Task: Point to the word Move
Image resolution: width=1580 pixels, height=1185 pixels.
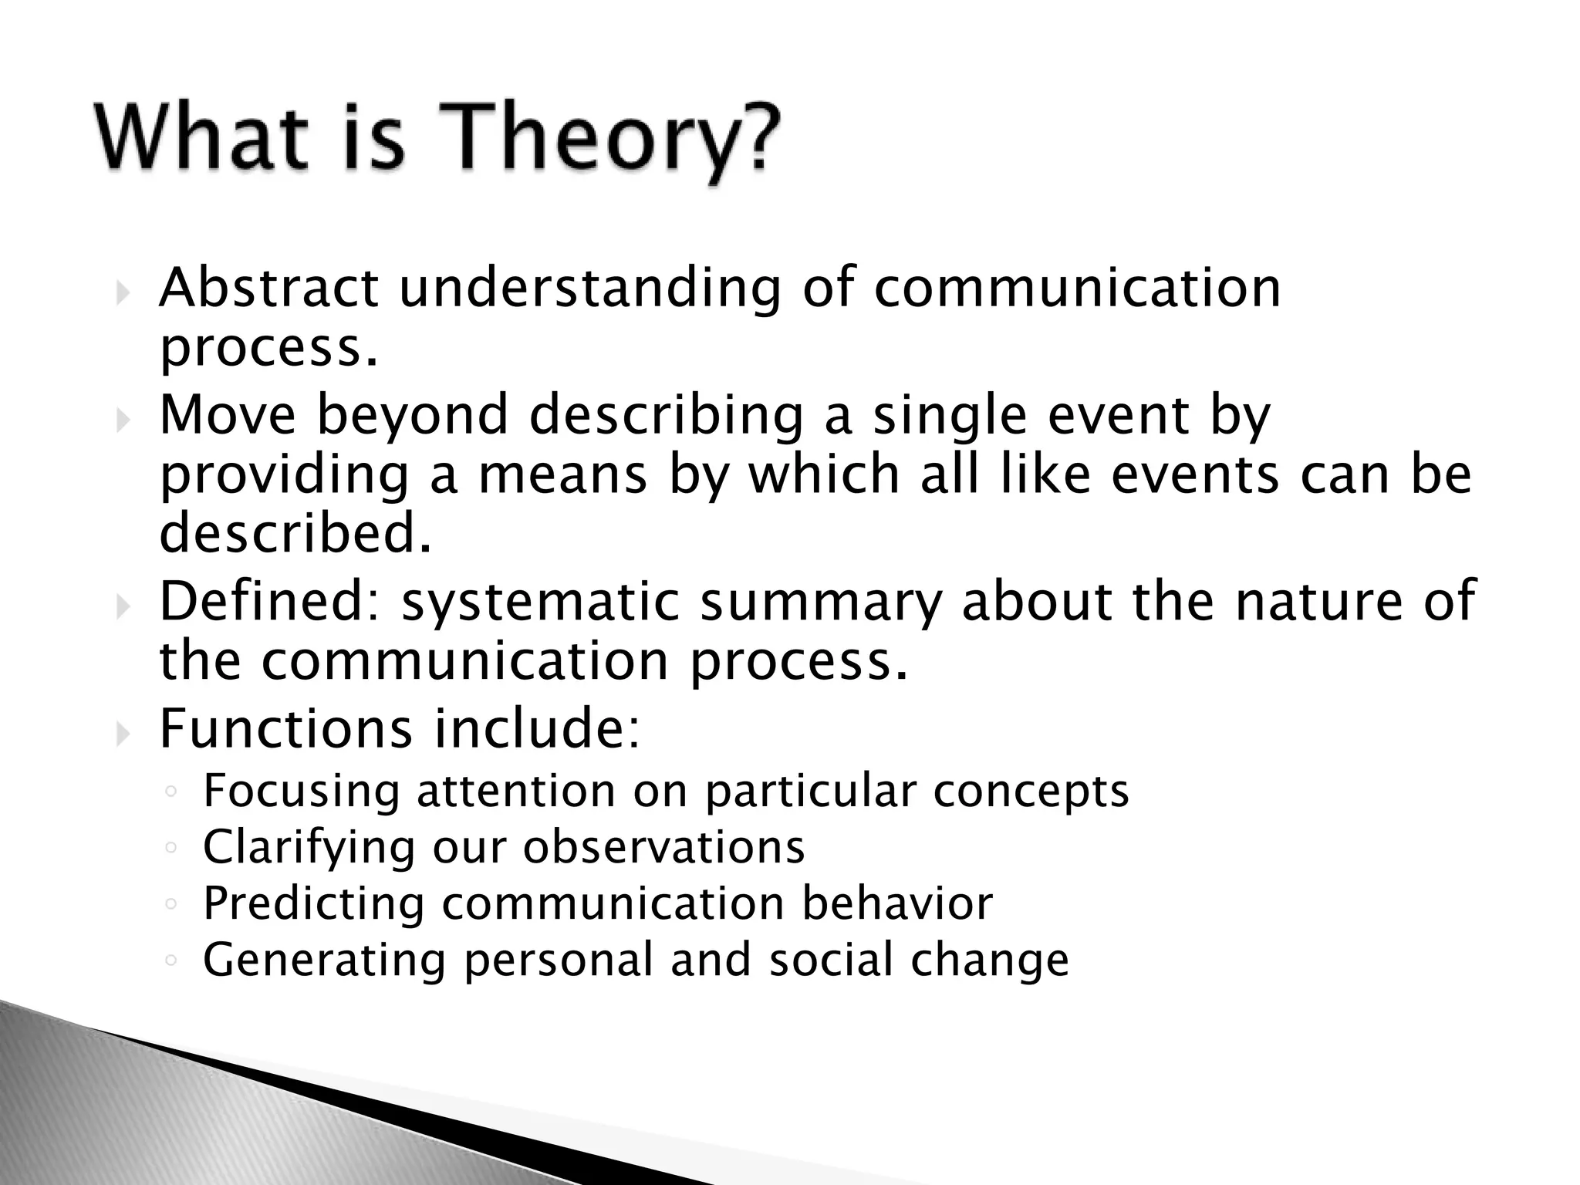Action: click(x=228, y=414)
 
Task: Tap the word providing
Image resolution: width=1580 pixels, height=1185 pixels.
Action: click(x=284, y=476)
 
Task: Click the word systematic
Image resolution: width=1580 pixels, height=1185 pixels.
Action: click(x=540, y=603)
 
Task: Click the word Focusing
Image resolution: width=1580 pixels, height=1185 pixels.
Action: click(x=302, y=792)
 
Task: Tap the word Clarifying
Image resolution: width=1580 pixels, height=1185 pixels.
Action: click(x=309, y=848)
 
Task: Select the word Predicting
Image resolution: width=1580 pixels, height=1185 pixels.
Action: click(x=314, y=904)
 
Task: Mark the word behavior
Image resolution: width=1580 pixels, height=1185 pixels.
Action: click(x=896, y=903)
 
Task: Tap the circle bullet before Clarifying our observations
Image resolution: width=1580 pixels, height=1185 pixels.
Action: click(x=171, y=848)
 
